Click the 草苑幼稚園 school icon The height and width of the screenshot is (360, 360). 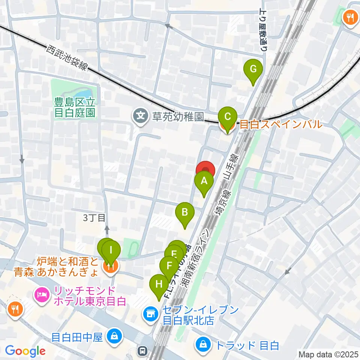tap(141, 115)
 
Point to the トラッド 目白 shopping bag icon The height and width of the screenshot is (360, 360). tap(203, 344)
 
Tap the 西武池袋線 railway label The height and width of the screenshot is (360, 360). tap(67, 58)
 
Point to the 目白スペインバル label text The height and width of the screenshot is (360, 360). tap(280, 124)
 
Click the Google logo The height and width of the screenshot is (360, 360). tap(25, 351)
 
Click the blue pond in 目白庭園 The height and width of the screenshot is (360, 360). tap(84, 92)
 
